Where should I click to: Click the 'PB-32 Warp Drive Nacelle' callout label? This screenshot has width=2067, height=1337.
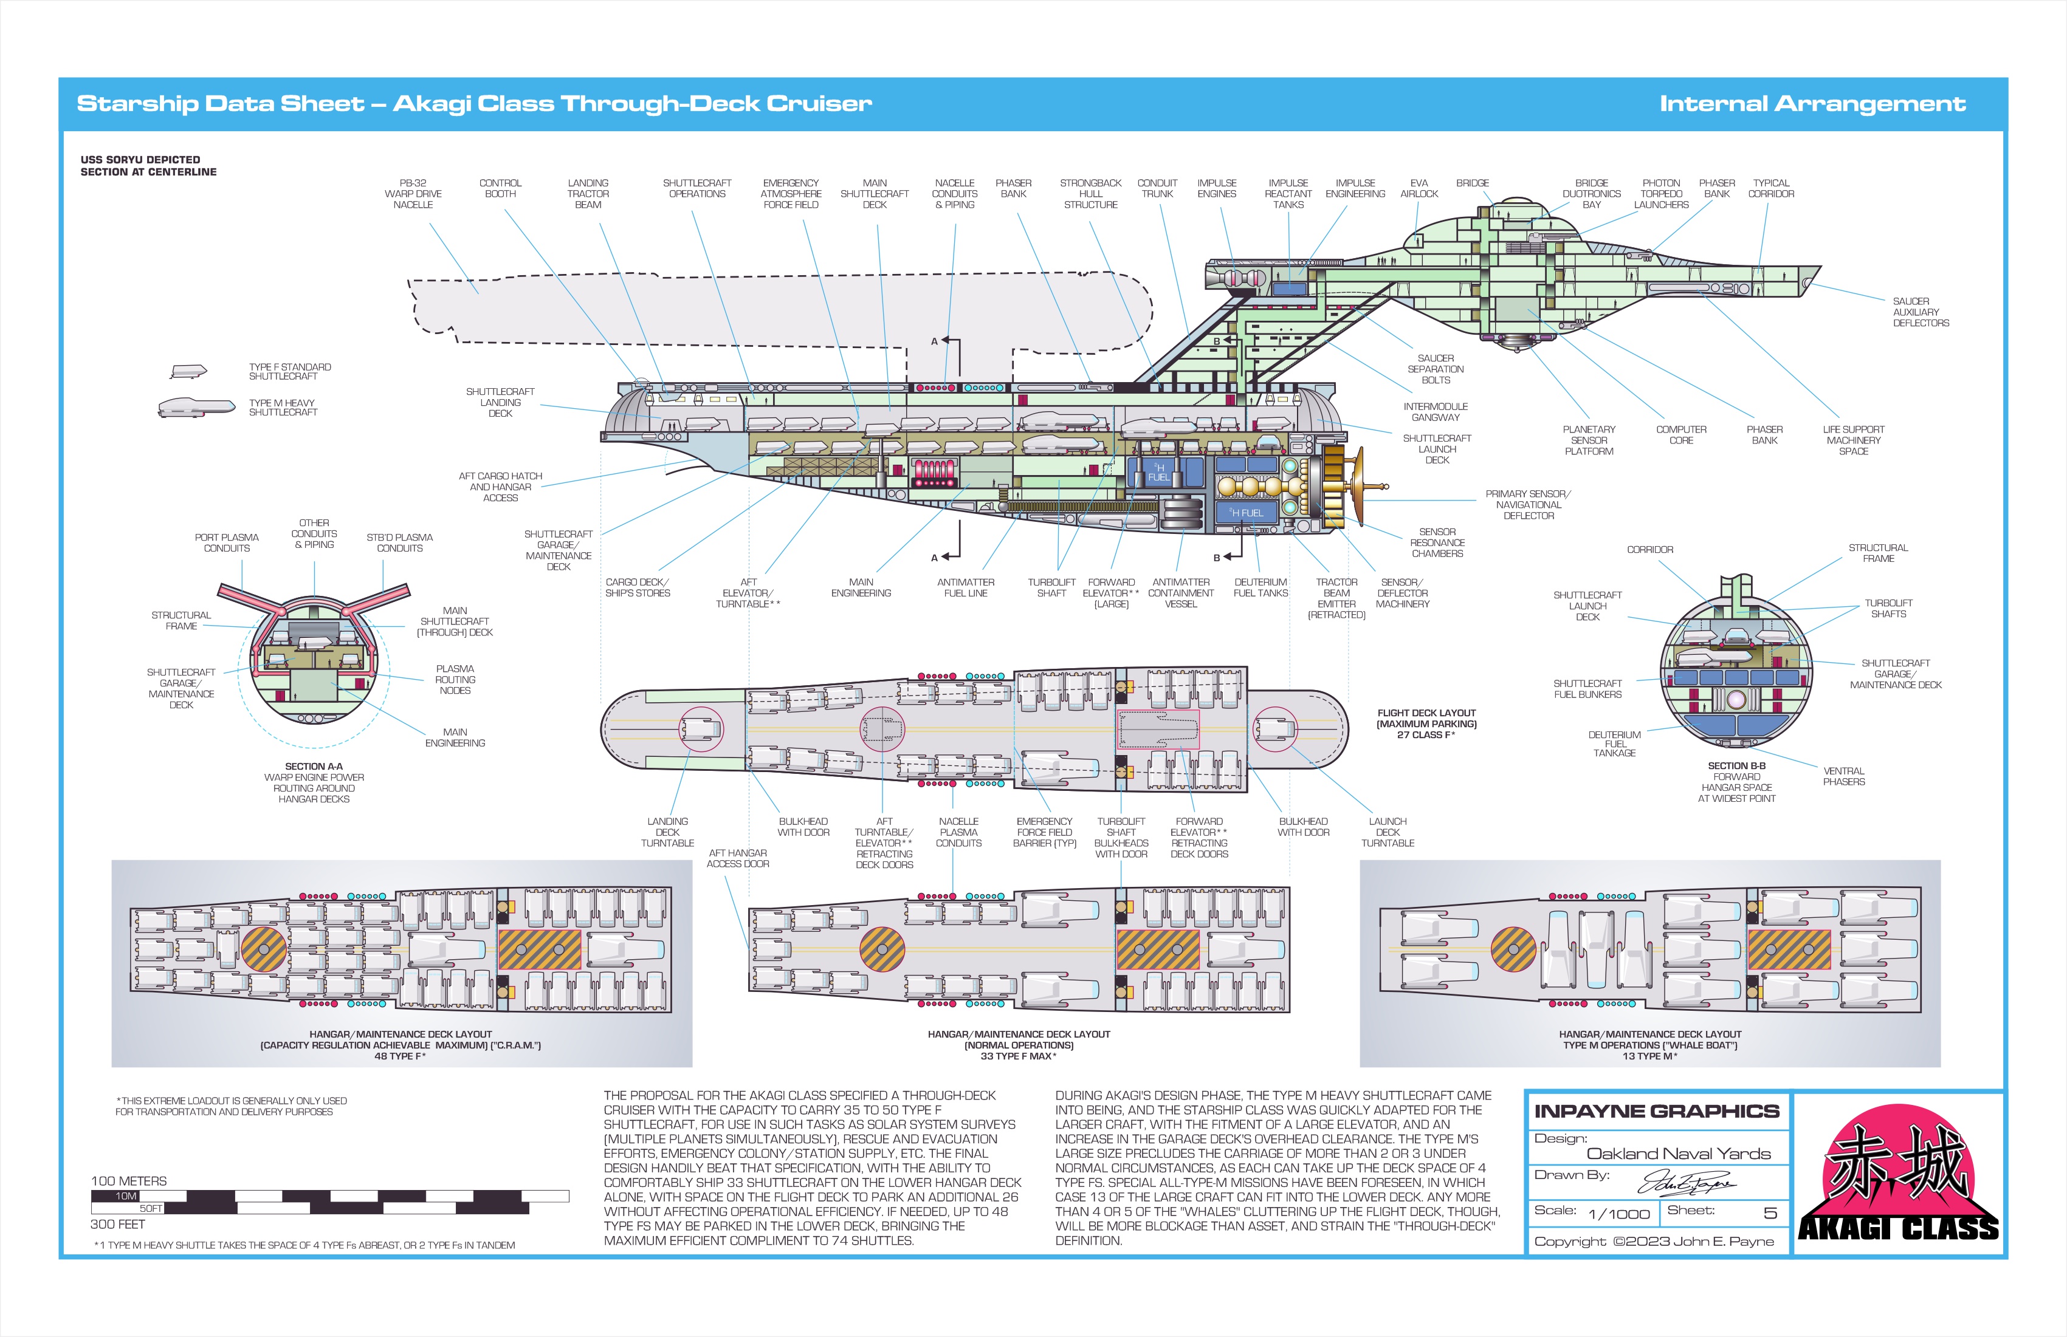[x=413, y=194]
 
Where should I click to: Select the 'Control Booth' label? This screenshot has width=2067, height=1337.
[x=500, y=188]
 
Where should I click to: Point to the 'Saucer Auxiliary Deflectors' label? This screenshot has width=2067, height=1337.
[x=1921, y=312]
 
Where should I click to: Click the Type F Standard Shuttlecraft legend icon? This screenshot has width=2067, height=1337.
[x=188, y=372]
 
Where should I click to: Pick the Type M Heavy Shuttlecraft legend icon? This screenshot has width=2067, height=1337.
[x=196, y=407]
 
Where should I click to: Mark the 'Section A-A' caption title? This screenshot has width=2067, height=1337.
[x=314, y=767]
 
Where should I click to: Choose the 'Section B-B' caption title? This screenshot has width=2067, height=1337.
[x=1736, y=766]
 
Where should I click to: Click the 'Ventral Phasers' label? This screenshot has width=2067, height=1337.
[x=1843, y=776]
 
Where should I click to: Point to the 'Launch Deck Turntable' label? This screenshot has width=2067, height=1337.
[x=1387, y=832]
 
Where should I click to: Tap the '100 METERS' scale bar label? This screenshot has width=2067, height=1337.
[x=128, y=1181]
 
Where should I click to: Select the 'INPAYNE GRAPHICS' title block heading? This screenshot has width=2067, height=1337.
[x=1656, y=1111]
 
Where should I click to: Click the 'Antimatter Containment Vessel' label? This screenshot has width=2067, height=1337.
[x=1180, y=593]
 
